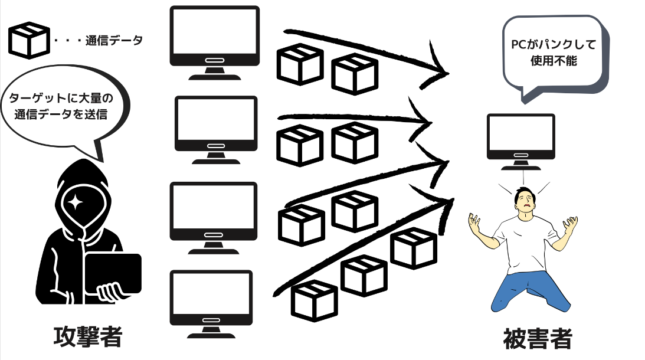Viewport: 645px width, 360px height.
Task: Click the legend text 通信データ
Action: pos(113,41)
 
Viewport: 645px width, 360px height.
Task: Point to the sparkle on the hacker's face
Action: pos(76,202)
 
